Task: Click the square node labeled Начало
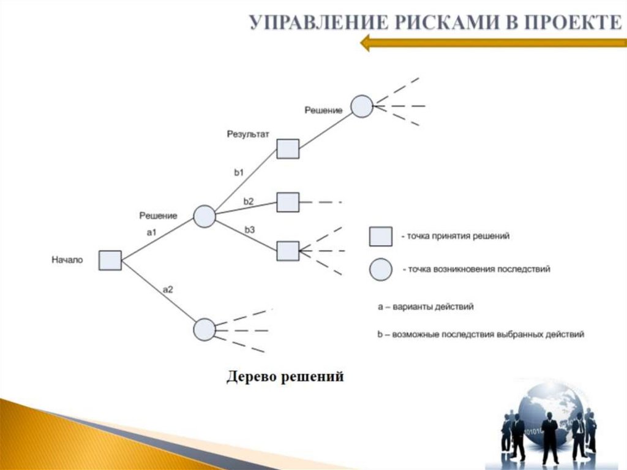point(111,260)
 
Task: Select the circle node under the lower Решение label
point(205,216)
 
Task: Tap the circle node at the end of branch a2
point(205,330)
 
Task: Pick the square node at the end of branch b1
point(288,149)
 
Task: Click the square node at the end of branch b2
point(288,202)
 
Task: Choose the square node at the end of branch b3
point(288,251)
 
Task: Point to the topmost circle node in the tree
point(362,106)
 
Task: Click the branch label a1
point(152,232)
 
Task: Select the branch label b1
point(239,173)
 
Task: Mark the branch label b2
point(249,201)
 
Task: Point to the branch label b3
point(249,230)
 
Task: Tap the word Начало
point(67,260)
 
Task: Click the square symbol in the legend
point(381,236)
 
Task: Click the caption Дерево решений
point(285,376)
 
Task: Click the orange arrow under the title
point(490,43)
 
